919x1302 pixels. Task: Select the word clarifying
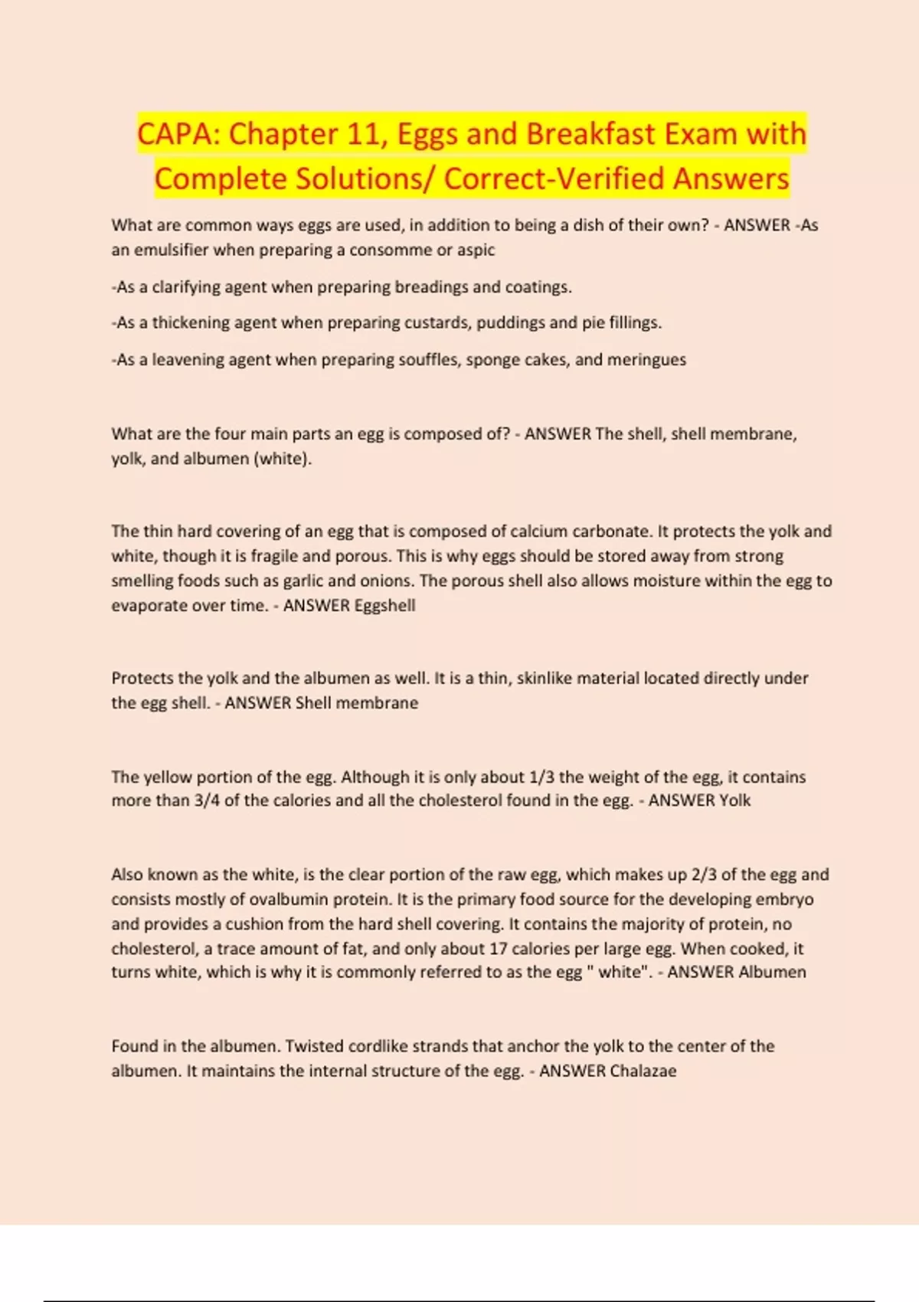click(x=186, y=287)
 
